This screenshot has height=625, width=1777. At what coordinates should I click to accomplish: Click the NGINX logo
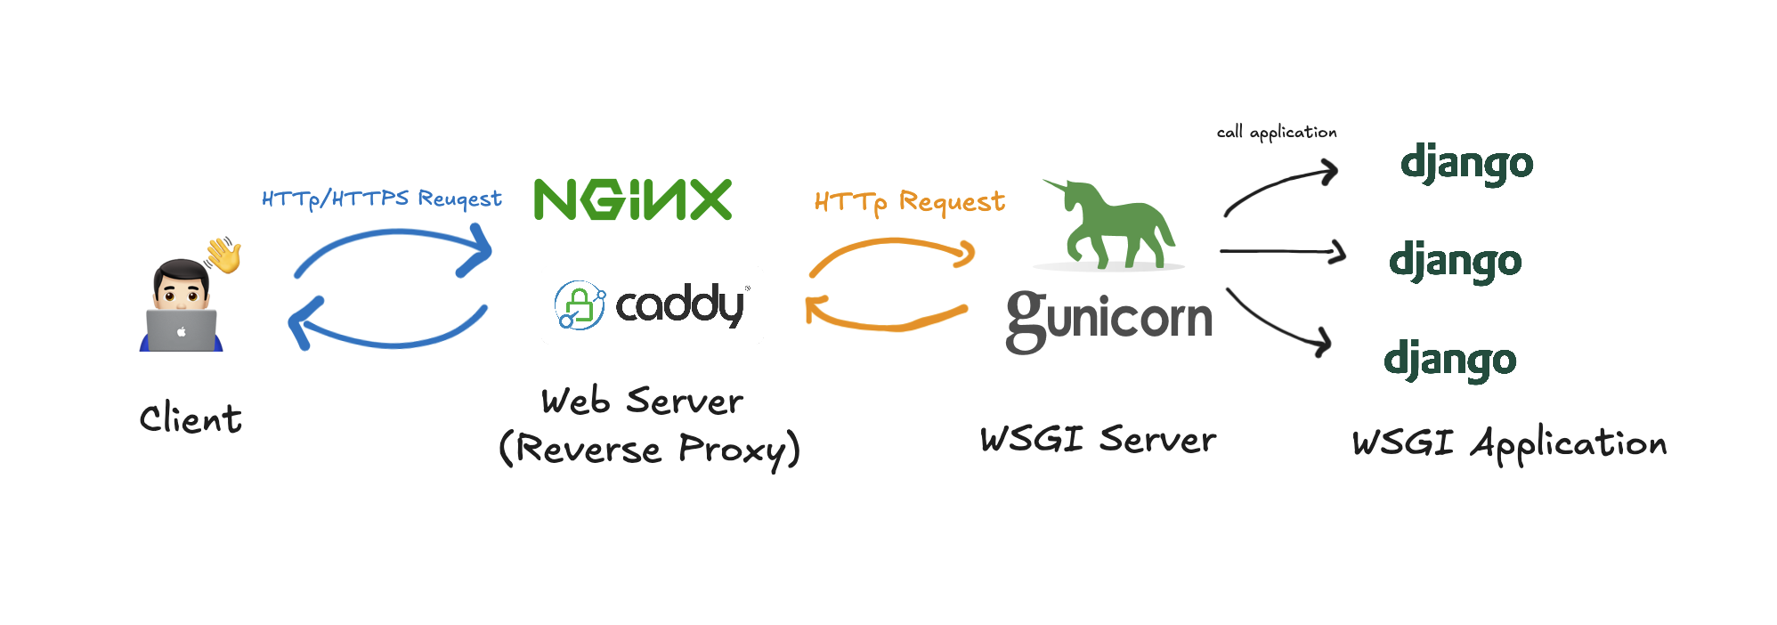632,199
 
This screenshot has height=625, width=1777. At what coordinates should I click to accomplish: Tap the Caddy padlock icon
580,305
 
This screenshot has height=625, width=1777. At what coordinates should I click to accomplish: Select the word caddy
680,305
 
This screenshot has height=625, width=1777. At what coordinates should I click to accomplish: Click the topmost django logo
1466,164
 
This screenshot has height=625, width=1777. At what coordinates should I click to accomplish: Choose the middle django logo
1455,262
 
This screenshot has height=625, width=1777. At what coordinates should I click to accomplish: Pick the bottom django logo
1449,360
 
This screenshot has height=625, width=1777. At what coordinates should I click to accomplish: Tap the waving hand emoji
223,255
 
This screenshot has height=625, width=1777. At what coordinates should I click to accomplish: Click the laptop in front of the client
182,330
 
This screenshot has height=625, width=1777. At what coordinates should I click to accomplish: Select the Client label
191,418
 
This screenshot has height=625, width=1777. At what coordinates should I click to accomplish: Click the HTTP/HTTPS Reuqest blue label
382,199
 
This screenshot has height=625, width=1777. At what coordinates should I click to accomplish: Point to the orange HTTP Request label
909,202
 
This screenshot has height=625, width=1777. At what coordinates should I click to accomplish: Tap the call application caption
1277,133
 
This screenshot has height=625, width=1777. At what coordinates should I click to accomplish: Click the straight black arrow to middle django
1282,252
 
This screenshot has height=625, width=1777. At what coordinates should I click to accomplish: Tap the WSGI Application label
1509,442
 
